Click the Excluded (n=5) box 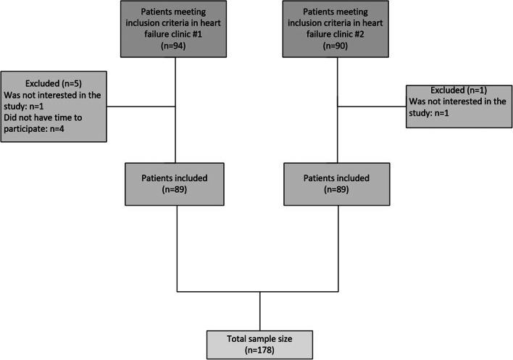click(x=55, y=106)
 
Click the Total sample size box click(x=259, y=340)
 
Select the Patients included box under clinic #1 click(x=177, y=183)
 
